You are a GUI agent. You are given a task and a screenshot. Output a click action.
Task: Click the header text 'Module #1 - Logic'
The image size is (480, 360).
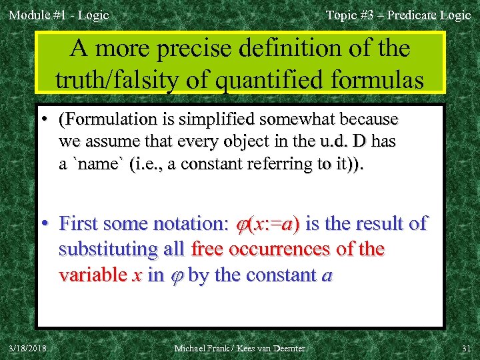click(59, 15)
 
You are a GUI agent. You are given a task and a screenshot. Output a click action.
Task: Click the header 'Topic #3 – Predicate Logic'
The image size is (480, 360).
click(398, 15)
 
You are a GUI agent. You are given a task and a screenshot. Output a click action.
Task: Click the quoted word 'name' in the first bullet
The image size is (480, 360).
click(100, 164)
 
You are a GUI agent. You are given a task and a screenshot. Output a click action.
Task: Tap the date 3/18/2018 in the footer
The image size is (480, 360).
click(27, 348)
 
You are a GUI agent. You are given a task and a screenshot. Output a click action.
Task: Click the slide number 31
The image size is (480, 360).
click(465, 348)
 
